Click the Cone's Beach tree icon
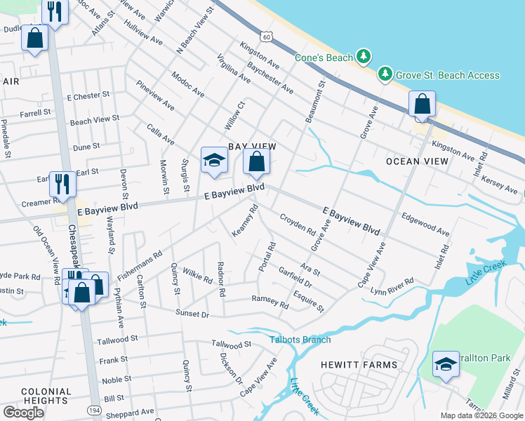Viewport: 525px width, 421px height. (x=363, y=56)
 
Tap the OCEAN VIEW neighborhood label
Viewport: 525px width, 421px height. (x=417, y=161)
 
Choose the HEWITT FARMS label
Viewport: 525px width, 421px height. (x=359, y=365)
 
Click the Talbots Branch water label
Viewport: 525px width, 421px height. (x=300, y=340)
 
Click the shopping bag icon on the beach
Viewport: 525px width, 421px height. (x=423, y=105)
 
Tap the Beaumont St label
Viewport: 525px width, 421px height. (x=314, y=102)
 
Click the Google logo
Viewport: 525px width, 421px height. (x=23, y=413)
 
